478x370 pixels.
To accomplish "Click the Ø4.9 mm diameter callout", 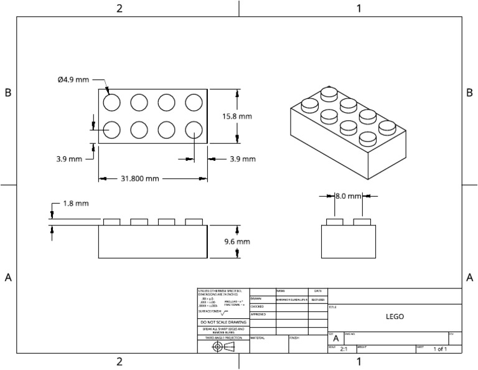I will [73, 79].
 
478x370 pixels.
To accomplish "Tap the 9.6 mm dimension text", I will [237, 241].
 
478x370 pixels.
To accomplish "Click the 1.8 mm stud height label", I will [76, 203].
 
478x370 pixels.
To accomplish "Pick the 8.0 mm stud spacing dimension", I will [348, 196].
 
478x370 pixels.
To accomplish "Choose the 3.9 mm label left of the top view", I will [68, 159].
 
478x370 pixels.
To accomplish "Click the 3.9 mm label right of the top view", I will [242, 159].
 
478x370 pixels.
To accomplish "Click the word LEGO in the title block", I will [395, 316].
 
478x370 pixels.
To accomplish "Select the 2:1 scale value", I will [344, 349].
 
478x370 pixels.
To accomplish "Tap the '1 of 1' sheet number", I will [440, 349].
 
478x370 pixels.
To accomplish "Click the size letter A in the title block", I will [336, 338].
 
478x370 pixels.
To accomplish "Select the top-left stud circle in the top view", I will [111, 102].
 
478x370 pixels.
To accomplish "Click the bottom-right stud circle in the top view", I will [194, 129].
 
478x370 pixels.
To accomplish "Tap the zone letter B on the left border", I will [8, 92].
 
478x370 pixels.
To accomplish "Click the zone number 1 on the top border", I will [358, 8].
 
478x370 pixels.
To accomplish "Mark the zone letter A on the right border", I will [470, 277].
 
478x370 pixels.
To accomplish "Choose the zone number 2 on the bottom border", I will [119, 362].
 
